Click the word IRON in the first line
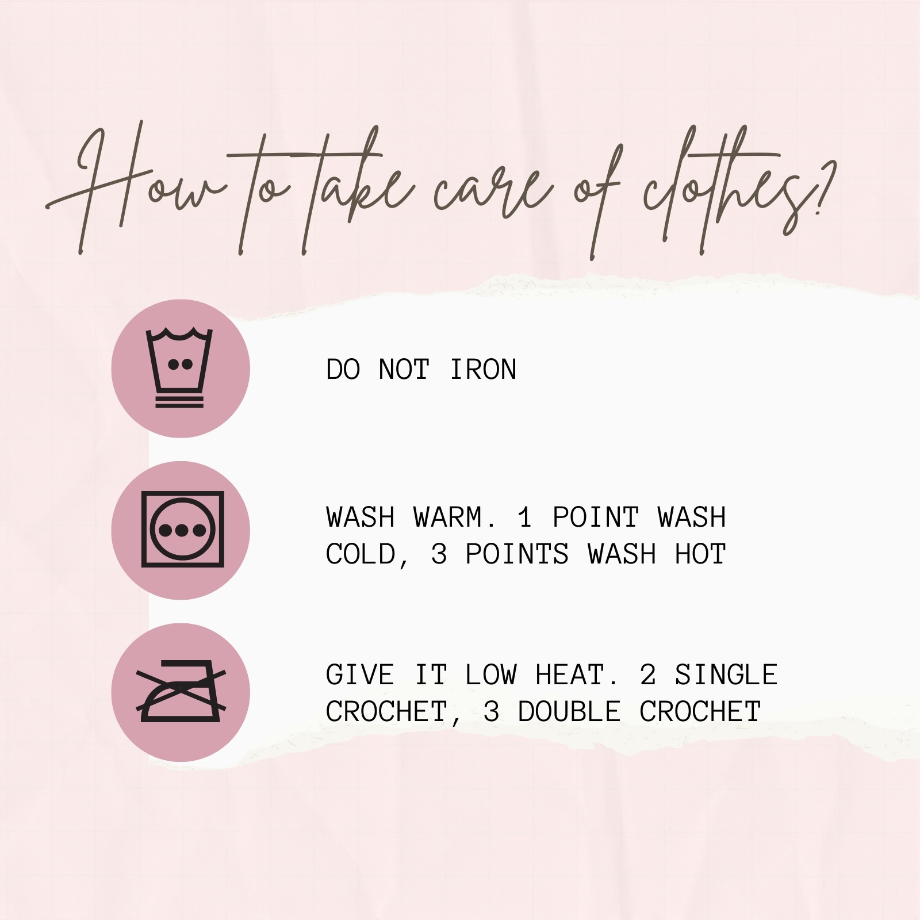[483, 369]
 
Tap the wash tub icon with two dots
[180, 368]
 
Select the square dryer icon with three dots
[182, 530]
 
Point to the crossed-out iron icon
[181, 692]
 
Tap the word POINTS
[517, 554]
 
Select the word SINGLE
[726, 675]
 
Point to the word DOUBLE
[569, 712]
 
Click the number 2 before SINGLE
[647, 675]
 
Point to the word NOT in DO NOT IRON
[404, 369]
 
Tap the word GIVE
[360, 675]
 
